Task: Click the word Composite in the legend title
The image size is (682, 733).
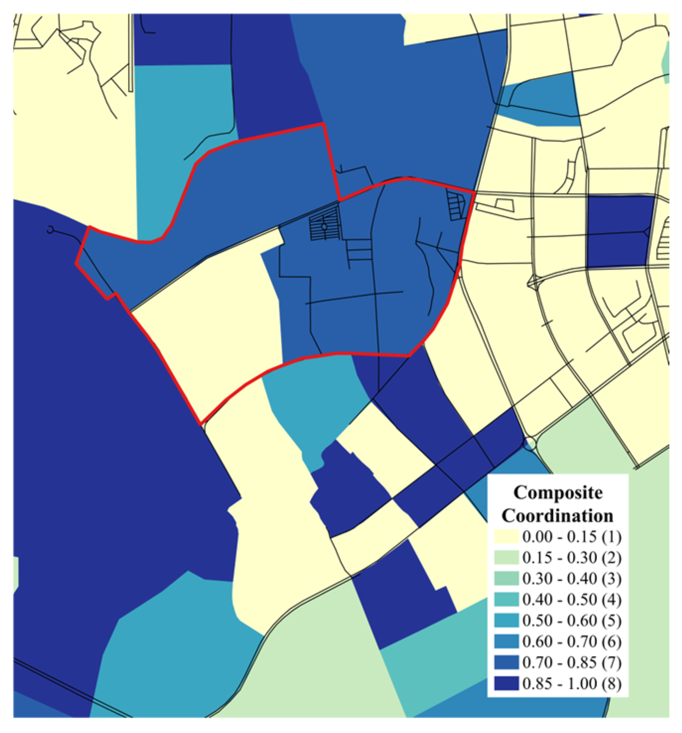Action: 558,493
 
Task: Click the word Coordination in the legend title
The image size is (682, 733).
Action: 557,515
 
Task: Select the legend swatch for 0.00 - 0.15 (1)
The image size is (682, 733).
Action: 506,537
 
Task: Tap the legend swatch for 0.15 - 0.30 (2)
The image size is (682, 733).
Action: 506,558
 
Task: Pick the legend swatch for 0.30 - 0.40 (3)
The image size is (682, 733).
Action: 506,579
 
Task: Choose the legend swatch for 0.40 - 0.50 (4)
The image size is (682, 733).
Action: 506,599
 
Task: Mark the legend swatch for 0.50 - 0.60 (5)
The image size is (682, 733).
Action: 506,620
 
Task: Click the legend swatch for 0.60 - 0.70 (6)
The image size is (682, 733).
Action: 506,642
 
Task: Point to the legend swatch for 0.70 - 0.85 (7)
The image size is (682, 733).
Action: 506,662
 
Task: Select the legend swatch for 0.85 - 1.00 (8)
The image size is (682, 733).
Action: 506,683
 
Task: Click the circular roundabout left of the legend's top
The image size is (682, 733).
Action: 530,443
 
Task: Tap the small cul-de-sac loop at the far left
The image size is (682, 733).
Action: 50,229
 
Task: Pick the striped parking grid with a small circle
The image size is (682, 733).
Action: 324,225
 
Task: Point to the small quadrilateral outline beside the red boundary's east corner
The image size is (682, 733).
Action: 503,205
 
